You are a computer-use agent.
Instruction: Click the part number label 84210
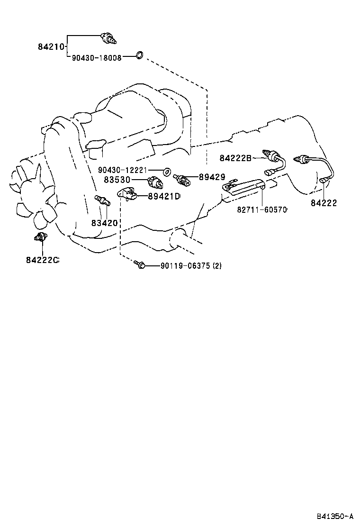pyautogui.click(x=51, y=47)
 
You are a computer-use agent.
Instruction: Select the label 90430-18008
pyautogui.click(x=97, y=58)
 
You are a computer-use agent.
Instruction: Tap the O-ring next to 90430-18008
pyautogui.click(x=139, y=55)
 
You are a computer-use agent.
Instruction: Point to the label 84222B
pyautogui.click(x=235, y=158)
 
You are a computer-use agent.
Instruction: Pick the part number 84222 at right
pyautogui.click(x=324, y=203)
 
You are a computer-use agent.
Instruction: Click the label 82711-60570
pyautogui.click(x=262, y=210)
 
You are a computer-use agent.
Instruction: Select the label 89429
pyautogui.click(x=212, y=177)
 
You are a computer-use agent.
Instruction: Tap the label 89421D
pyautogui.click(x=164, y=196)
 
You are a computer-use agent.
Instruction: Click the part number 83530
pyautogui.click(x=117, y=180)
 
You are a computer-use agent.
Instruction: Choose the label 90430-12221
pyautogui.click(x=123, y=171)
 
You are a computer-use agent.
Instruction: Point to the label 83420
pyautogui.click(x=104, y=223)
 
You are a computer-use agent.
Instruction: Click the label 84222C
pyautogui.click(x=42, y=260)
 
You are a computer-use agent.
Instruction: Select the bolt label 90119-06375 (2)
pyautogui.click(x=191, y=266)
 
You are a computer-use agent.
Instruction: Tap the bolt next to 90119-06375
pyautogui.click(x=139, y=265)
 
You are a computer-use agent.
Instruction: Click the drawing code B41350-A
pyautogui.click(x=335, y=516)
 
